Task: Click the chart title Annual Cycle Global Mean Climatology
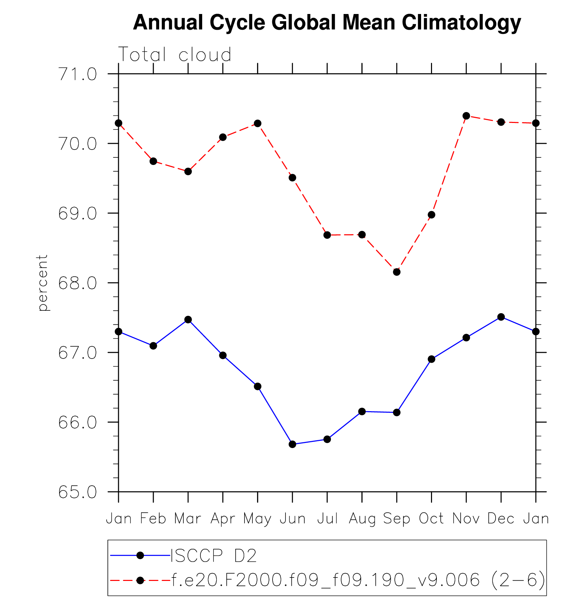pos(327,23)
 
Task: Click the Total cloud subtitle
pos(175,55)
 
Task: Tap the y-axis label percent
pos(43,283)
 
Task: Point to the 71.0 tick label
pos(78,74)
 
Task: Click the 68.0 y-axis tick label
pos(78,283)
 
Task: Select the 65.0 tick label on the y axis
pos(78,492)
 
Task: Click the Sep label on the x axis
pos(397,518)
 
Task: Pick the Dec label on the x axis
pos(501,518)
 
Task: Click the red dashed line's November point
pos(466,116)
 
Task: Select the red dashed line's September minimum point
pos(397,272)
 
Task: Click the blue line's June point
pos(292,444)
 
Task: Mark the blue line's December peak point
pos(501,317)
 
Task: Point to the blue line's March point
pos(188,320)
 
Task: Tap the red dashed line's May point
pos(258,123)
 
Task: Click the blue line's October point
pos(431,359)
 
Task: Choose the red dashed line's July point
pos(327,235)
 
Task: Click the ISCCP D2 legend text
pos(213,556)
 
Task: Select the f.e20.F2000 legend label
pos(358,580)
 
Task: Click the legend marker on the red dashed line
pos(140,580)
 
